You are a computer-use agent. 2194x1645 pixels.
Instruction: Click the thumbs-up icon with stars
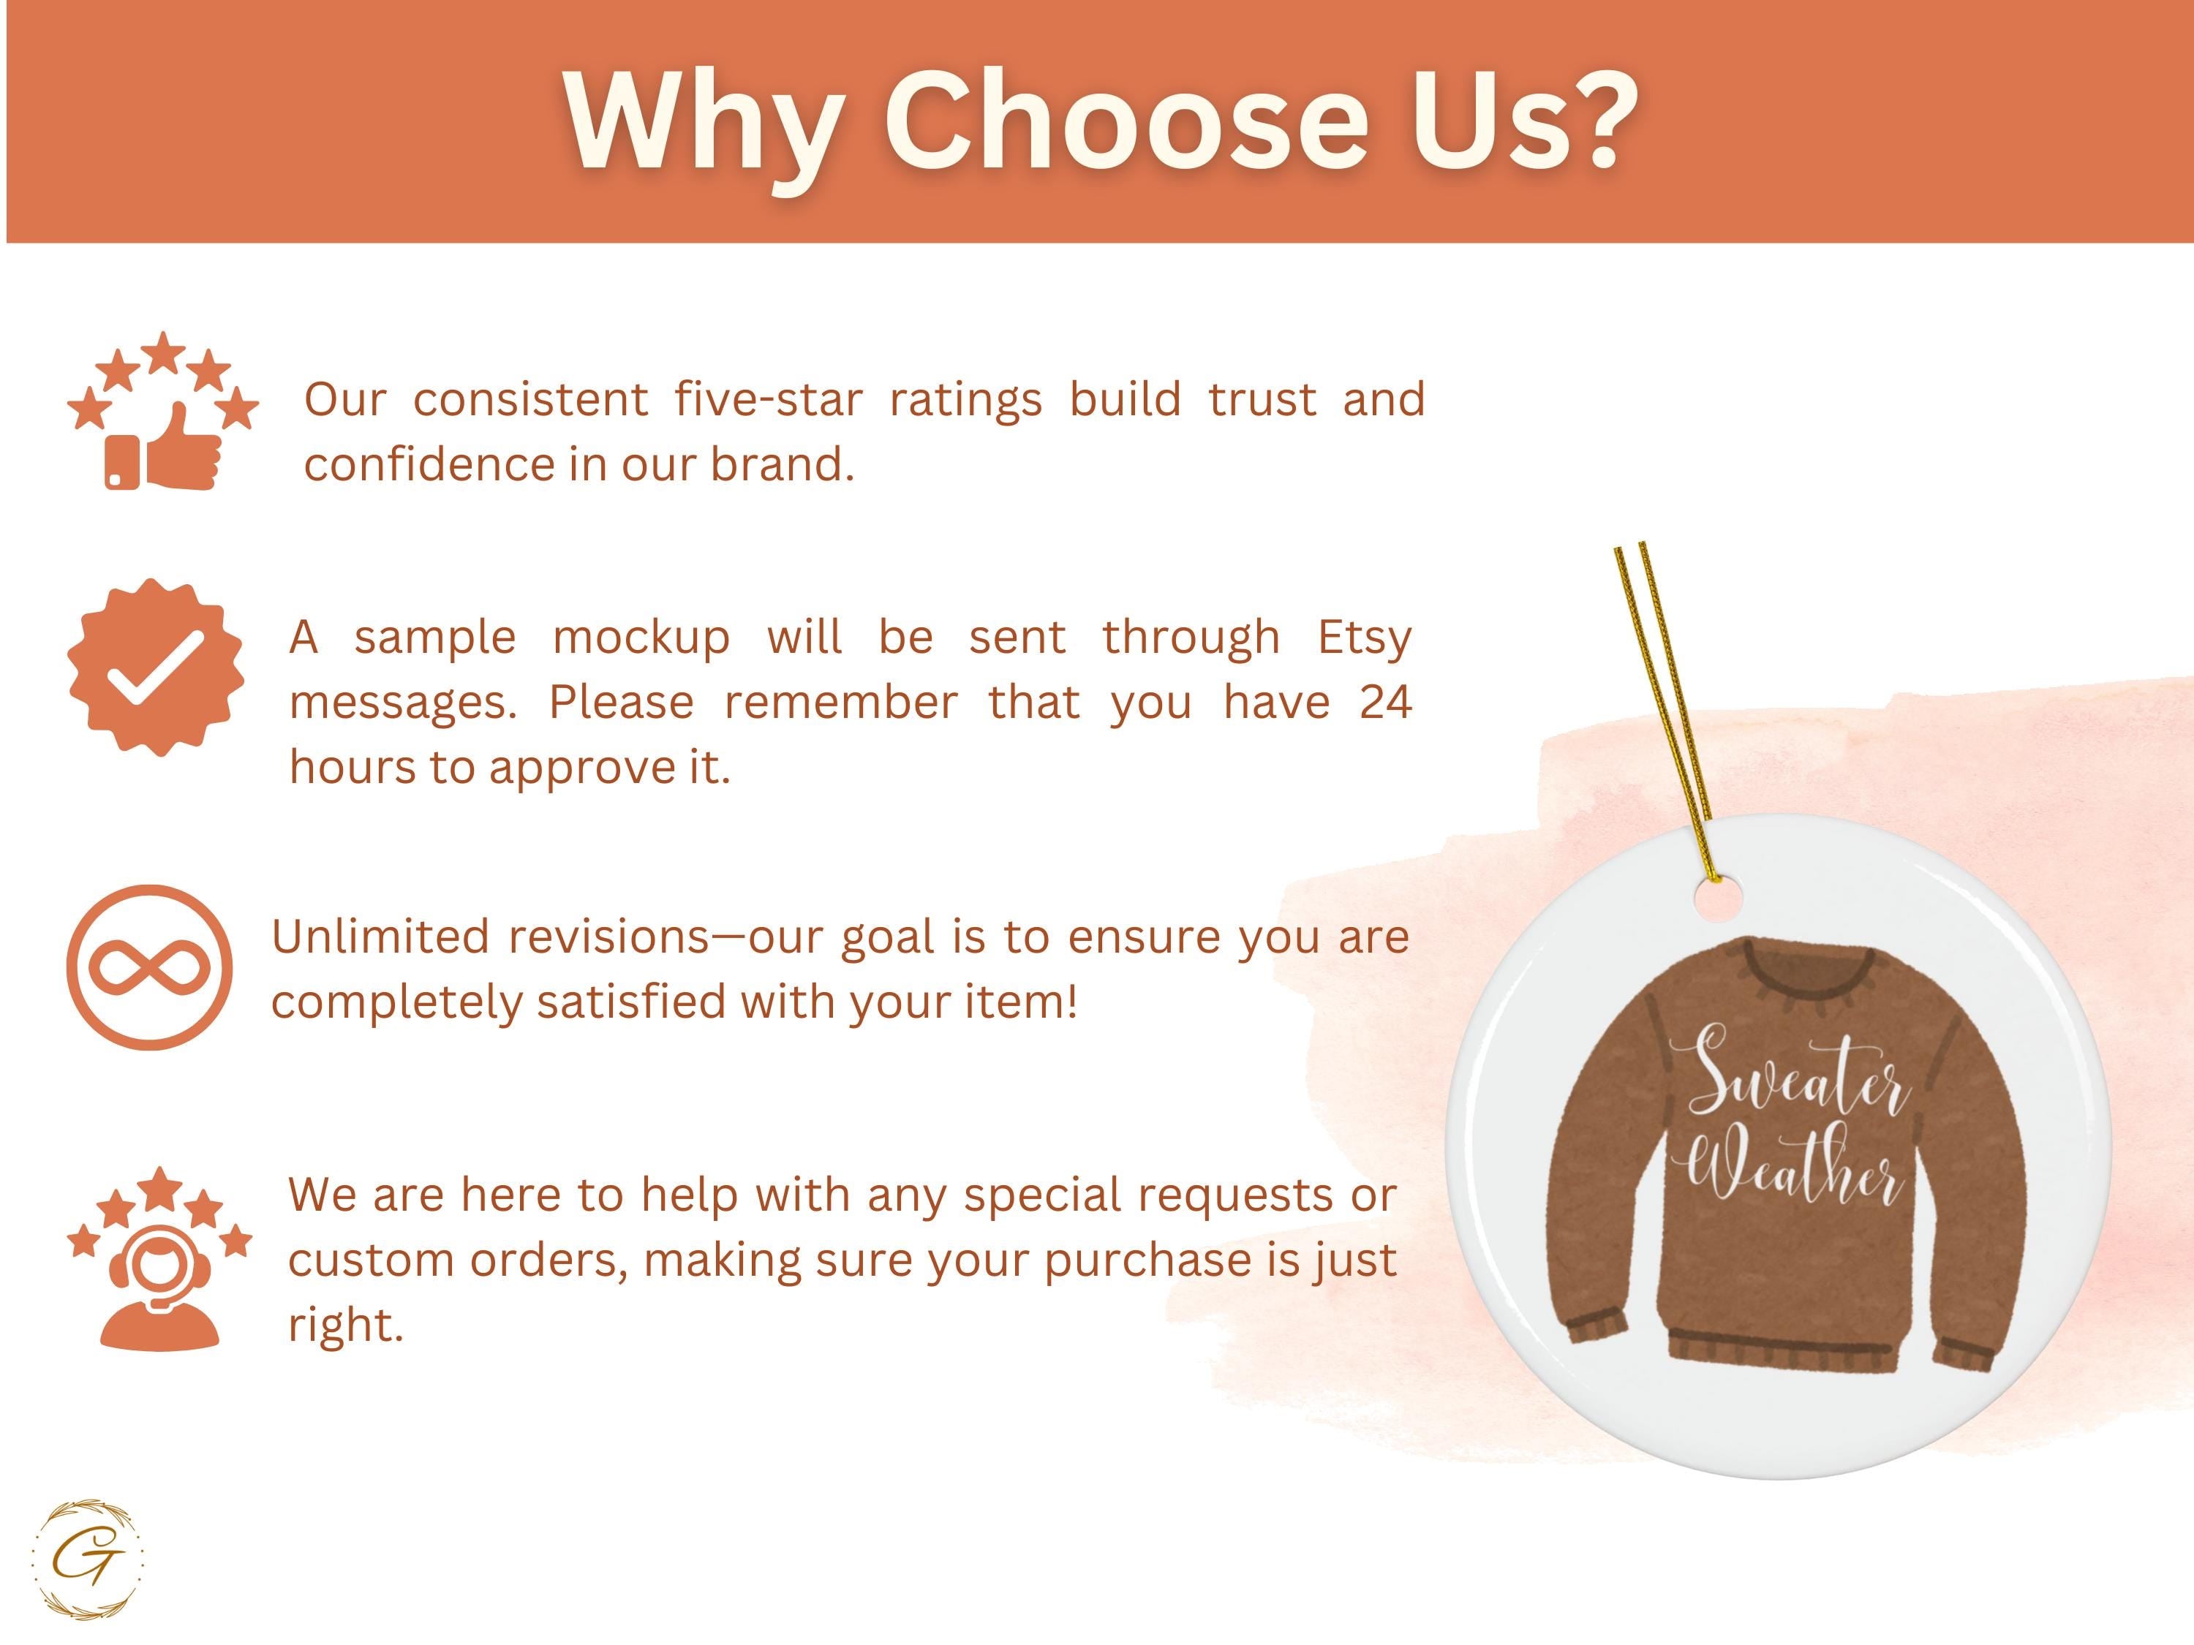click(x=162, y=410)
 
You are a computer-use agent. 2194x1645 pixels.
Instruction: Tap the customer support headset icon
click(x=159, y=1258)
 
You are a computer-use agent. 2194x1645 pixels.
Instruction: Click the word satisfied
click(x=629, y=1002)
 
